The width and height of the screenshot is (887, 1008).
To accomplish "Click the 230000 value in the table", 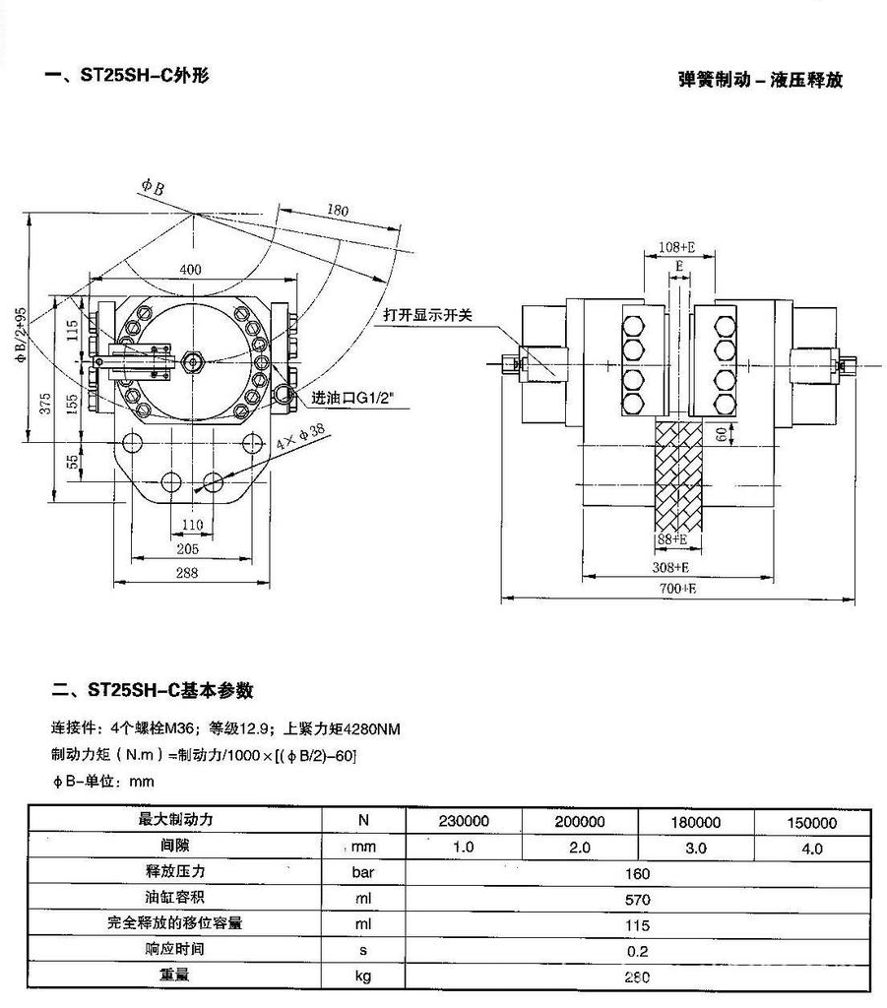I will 462,822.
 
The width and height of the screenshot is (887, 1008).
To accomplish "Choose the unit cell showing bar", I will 363,872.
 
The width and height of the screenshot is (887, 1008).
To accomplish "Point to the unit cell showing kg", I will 363,976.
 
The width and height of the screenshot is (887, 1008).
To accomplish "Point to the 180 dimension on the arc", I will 338,211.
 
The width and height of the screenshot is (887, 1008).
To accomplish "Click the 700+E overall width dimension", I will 679,589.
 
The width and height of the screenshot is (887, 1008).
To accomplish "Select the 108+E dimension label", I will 677,247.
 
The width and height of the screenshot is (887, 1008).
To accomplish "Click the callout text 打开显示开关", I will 428,315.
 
